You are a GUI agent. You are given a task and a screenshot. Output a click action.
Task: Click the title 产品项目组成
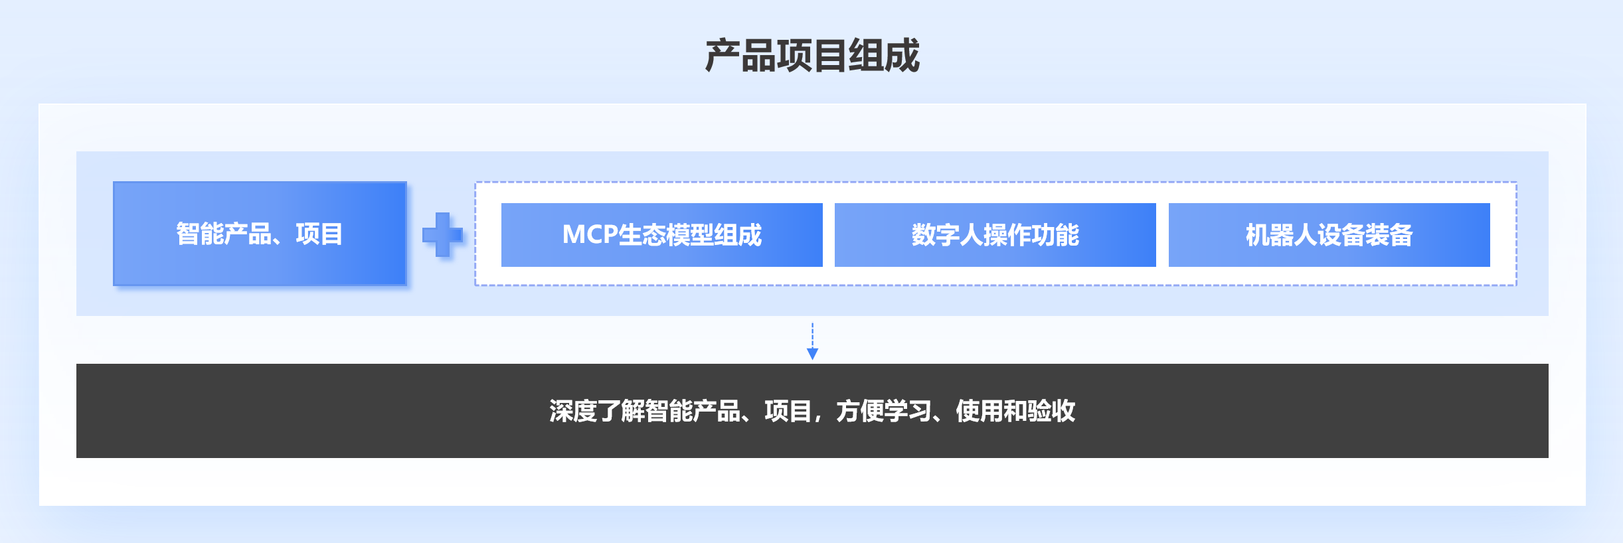[x=812, y=55]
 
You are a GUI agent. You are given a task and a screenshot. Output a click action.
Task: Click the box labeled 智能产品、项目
[x=260, y=234]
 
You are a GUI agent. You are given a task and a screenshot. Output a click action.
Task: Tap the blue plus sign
[x=442, y=234]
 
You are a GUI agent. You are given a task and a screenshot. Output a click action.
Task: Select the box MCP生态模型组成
[x=662, y=235]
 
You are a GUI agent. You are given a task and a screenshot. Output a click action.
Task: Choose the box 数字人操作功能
[x=995, y=235]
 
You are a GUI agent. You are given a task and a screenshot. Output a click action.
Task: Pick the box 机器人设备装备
[x=1329, y=235]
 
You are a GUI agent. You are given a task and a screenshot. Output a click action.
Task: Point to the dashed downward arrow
[x=812, y=341]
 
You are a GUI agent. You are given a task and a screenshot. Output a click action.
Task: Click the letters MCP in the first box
[x=590, y=235]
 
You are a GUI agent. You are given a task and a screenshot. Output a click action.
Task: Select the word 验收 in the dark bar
[x=1052, y=411]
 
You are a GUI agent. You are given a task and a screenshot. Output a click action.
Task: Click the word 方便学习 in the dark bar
[x=884, y=411]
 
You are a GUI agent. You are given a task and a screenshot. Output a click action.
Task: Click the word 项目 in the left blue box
[x=319, y=234]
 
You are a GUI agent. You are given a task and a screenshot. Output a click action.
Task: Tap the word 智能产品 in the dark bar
[x=692, y=411]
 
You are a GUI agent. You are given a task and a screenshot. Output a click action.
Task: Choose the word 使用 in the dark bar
[x=980, y=411]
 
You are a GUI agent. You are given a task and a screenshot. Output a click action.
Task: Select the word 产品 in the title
[x=740, y=55]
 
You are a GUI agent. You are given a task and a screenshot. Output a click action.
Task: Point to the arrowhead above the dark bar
[x=812, y=354]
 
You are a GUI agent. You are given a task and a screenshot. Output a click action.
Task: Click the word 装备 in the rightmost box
[x=1389, y=235]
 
